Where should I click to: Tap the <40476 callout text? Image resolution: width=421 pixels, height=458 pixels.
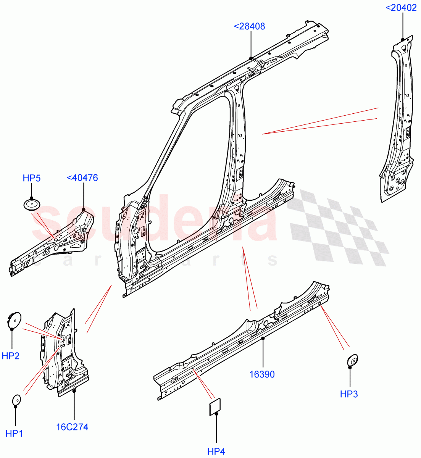82,177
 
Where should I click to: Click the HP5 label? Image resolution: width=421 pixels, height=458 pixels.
32,178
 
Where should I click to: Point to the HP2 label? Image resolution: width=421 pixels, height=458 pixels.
11,356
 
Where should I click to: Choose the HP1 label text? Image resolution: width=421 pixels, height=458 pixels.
15,433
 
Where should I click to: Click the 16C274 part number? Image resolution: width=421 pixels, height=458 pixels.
72,427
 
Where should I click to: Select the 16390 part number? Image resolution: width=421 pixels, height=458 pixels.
262,374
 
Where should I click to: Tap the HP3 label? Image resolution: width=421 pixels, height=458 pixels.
349,394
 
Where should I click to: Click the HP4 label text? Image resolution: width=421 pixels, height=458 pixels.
216,452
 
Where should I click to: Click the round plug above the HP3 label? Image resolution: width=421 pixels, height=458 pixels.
352,360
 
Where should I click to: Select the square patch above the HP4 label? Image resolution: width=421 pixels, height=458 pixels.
215,406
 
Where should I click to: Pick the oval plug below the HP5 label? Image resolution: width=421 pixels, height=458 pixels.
31,204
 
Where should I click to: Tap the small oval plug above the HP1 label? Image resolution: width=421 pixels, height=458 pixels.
16,400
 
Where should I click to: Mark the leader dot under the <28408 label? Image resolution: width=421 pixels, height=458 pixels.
251,58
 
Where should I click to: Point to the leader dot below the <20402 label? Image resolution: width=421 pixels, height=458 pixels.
403,40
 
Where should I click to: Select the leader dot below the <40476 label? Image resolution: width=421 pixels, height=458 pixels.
84,210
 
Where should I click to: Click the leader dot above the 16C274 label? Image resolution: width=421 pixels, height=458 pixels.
74,390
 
